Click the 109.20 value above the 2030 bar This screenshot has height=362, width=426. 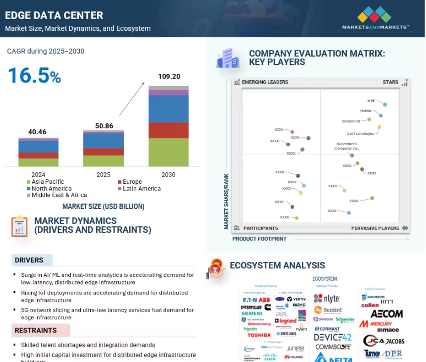pos(169,77)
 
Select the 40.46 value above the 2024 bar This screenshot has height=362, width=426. pos(37,132)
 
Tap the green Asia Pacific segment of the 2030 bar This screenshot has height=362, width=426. pos(169,152)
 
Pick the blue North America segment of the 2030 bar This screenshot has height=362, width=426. pos(169,108)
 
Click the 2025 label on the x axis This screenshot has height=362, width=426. pos(103,175)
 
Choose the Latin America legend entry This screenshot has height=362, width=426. pos(142,189)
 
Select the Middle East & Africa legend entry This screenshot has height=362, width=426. pos(59,195)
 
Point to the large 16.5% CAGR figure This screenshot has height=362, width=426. pos(34,76)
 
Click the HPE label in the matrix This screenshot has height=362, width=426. pos(372,101)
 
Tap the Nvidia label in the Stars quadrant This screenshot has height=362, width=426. pos(366,111)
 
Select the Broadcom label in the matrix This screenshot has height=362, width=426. pos(351,121)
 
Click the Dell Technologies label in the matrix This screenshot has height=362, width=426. pos(361,133)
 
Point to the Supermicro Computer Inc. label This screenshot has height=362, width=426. pos(347,146)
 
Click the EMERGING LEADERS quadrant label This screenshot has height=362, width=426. pos(265,82)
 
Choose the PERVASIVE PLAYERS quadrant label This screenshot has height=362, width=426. pos(375,228)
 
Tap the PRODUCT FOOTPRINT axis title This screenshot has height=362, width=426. pos(259,239)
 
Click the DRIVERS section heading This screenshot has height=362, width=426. pos(29,260)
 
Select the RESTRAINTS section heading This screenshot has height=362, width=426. pos(36,330)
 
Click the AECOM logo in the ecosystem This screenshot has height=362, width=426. pos(387,314)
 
